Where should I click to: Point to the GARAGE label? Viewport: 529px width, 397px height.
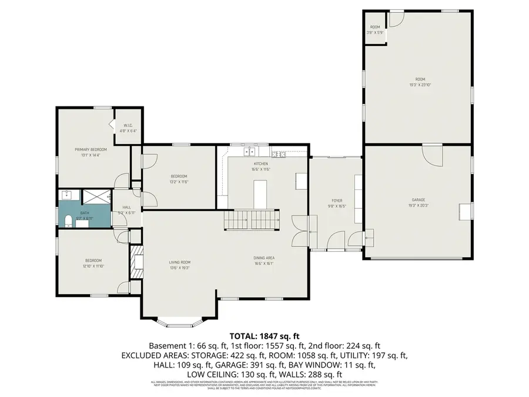pyautogui.click(x=418, y=199)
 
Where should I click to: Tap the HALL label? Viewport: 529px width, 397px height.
pyautogui.click(x=127, y=207)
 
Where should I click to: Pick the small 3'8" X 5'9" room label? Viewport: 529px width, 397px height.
pyautogui.click(x=375, y=33)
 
